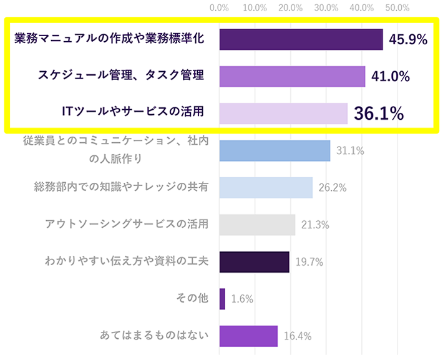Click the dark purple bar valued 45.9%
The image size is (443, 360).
coord(301,39)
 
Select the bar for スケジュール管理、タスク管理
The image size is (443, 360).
coord(292,76)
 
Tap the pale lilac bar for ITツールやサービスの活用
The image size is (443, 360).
coord(283,113)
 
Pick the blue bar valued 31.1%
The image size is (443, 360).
coord(275,150)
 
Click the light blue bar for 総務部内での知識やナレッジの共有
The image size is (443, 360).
coord(266,187)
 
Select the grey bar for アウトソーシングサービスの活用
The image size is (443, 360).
coord(257,225)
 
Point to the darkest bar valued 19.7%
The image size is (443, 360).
coord(254,262)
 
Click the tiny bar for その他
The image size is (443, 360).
coord(222,299)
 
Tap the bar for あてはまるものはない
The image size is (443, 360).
coord(248,336)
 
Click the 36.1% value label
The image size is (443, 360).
coord(378,113)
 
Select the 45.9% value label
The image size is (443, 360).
coord(408,40)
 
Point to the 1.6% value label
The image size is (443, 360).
coord(242,299)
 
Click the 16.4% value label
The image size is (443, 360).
coord(298,336)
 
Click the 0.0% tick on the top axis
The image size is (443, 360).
coord(220,7)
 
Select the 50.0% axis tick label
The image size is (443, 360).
coord(397,7)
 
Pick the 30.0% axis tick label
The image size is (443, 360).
coord(326,7)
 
